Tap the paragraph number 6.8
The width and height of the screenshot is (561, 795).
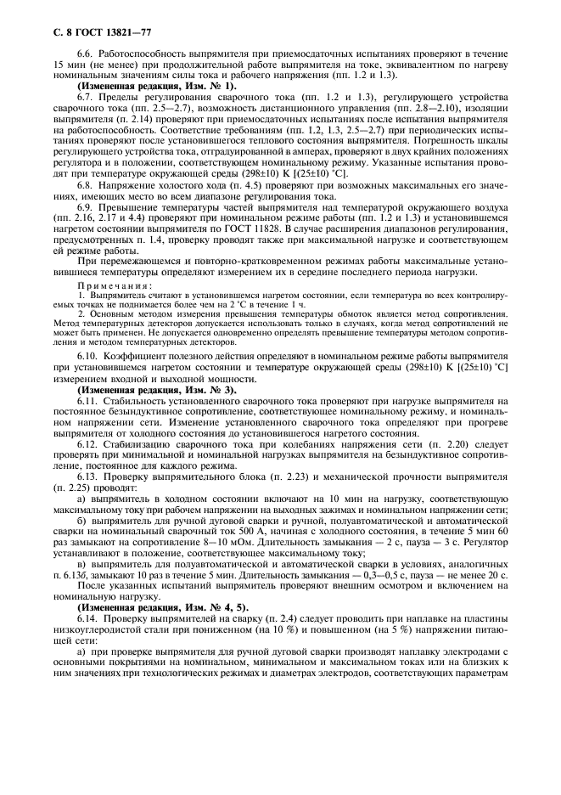pos(87,184)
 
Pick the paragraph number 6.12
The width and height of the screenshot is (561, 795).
pos(89,446)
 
